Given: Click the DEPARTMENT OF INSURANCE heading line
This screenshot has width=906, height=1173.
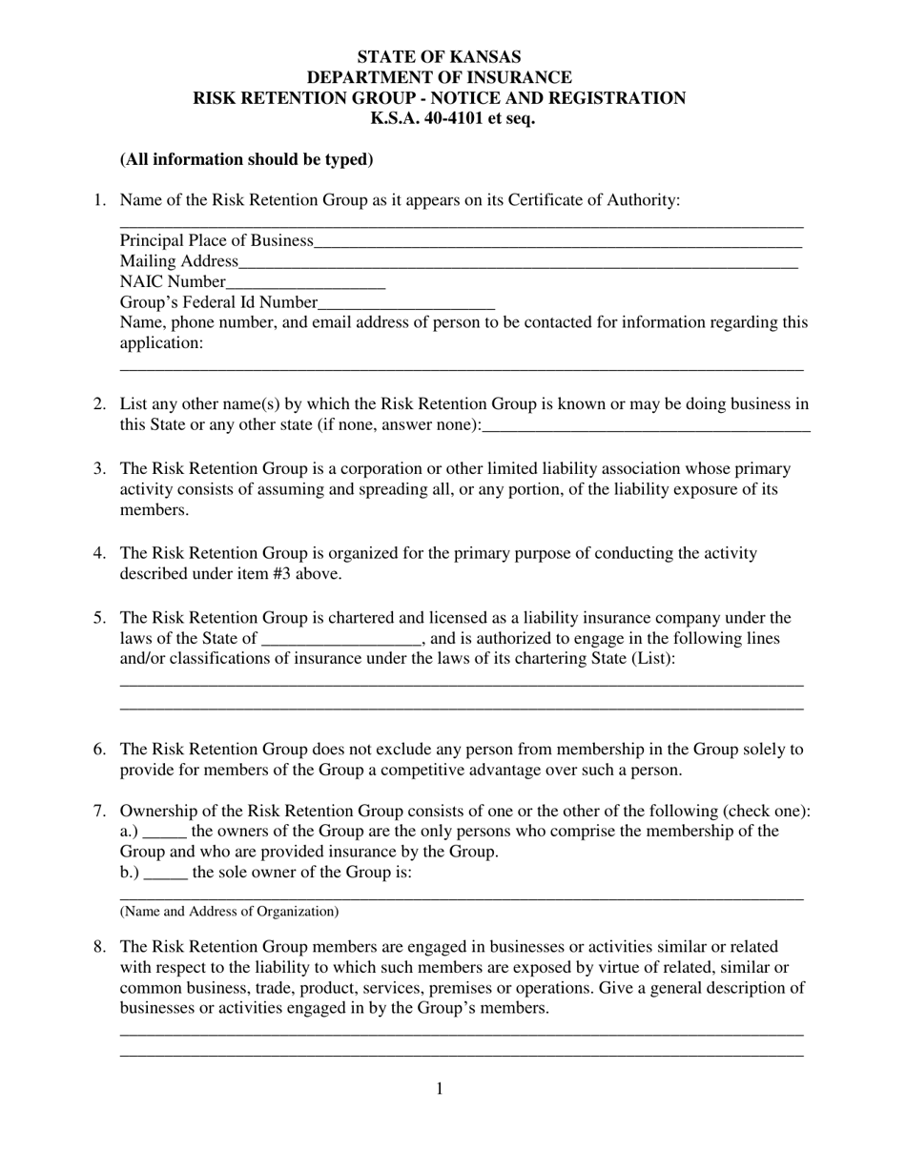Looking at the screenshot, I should coord(439,77).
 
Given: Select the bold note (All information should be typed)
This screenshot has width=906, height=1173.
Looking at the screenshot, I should coord(246,159).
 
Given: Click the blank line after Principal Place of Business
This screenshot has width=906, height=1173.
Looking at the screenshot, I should coord(557,242).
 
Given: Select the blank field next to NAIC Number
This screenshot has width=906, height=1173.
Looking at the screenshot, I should coord(305,283).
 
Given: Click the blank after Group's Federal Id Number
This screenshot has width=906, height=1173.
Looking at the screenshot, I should coord(406,304).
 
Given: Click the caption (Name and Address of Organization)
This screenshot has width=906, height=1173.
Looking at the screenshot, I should coord(229,912).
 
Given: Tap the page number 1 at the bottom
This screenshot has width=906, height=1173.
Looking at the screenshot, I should coord(439,1089).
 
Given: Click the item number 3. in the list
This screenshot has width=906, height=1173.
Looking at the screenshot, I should coord(99,468).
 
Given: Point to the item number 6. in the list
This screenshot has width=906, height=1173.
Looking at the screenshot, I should coord(99,750).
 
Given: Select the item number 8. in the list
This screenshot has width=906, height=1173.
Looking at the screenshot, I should coord(99,947).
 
